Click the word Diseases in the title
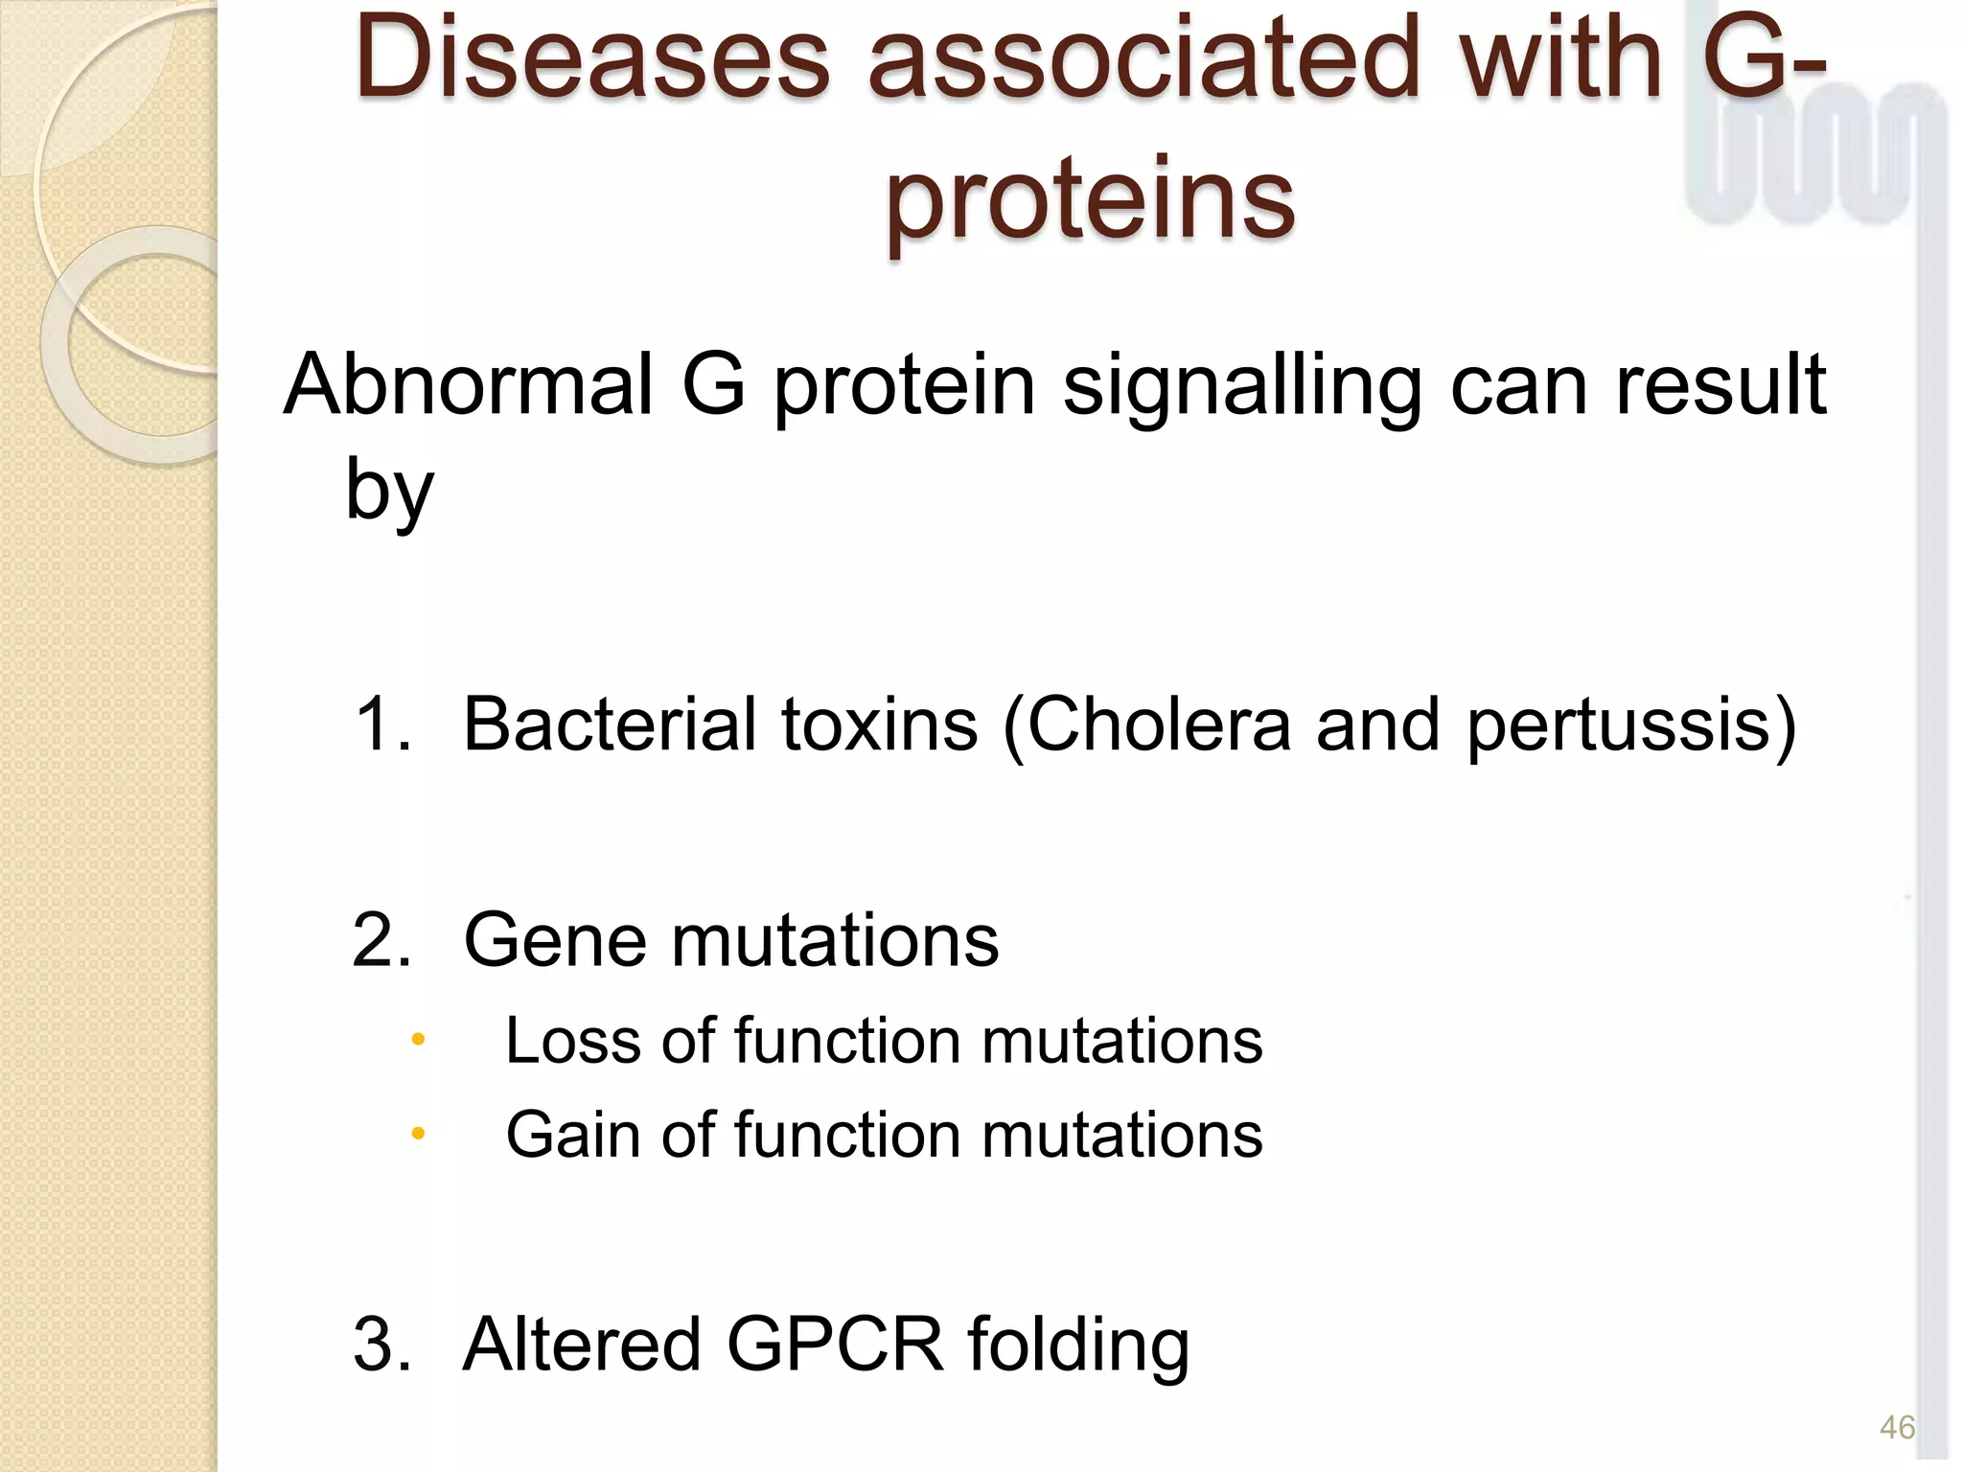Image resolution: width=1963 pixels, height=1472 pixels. click(591, 59)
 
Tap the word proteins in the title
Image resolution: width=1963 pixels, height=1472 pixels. click(1090, 199)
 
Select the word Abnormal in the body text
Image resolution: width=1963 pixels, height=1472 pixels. click(468, 385)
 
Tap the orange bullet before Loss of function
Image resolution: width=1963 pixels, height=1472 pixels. click(417, 1040)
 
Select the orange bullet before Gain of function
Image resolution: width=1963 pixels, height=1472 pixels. click(417, 1135)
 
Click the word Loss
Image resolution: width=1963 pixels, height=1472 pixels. click(571, 1041)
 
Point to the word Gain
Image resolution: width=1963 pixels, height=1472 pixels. click(571, 1136)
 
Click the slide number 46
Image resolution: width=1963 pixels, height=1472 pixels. click(1897, 1428)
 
